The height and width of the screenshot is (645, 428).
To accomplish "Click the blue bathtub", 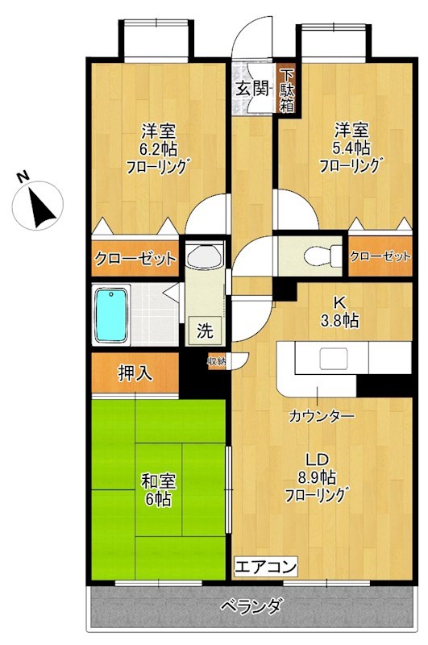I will (111, 314).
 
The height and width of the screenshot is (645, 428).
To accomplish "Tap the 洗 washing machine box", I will (206, 330).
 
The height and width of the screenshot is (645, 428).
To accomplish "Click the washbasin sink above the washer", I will (202, 258).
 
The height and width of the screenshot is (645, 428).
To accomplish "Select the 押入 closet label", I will (134, 373).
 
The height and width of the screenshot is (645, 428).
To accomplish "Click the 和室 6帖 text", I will (157, 489).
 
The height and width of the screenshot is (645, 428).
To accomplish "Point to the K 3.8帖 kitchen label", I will (338, 311).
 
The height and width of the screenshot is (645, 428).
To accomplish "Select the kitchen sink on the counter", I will (333, 357).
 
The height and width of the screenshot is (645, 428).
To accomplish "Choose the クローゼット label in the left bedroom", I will (135, 259).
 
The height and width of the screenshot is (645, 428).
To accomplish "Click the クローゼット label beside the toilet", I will (380, 256).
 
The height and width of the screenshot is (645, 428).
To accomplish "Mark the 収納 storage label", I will (216, 362).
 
